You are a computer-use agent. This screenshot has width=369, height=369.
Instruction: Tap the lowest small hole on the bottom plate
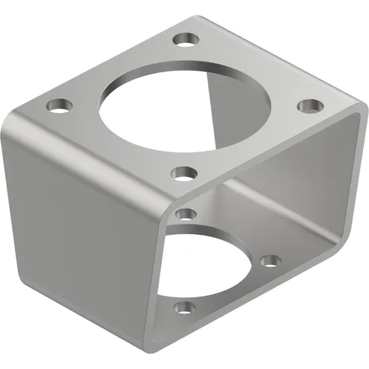click(x=181, y=307)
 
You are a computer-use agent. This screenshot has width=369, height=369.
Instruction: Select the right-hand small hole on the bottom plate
click(x=269, y=261)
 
